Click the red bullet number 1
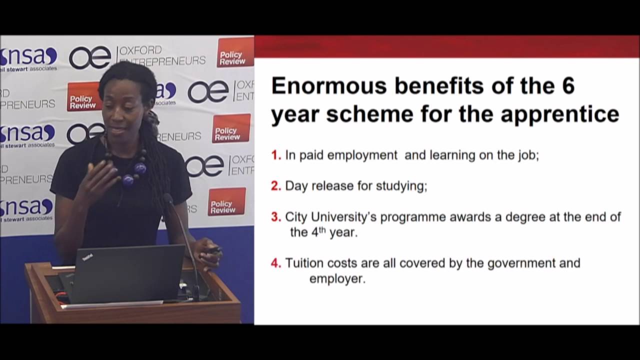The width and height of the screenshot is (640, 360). click(x=276, y=155)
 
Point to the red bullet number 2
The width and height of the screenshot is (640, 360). click(x=276, y=186)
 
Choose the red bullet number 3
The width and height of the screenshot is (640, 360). click(x=276, y=217)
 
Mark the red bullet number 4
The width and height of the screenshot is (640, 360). click(x=276, y=263)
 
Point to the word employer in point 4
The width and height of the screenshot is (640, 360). click(x=337, y=278)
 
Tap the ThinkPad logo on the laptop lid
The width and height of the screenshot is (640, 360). click(x=87, y=257)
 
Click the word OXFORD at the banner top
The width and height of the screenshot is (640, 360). click(x=140, y=50)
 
